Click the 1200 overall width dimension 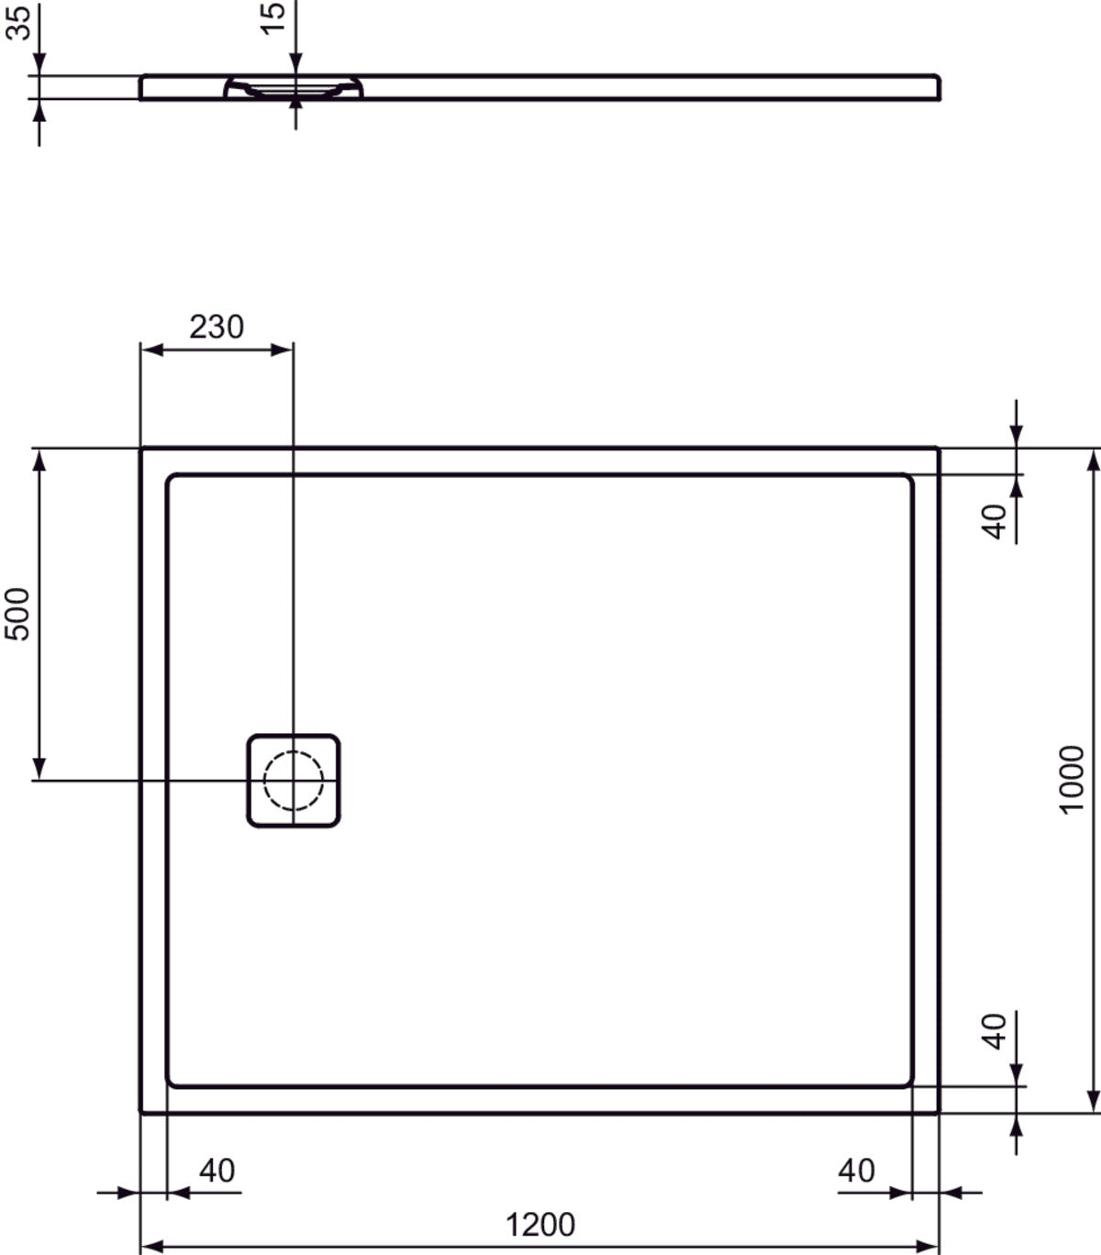click(x=540, y=1224)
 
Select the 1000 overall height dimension click(x=1071, y=779)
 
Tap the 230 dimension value click(x=217, y=327)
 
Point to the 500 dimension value click(x=18, y=614)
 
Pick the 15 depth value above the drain click(x=274, y=17)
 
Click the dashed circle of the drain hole click(x=294, y=781)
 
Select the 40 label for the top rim click(x=995, y=521)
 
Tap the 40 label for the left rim click(x=217, y=1171)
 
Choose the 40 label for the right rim click(x=856, y=1171)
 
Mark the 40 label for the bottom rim click(x=995, y=1030)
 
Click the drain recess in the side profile click(x=294, y=88)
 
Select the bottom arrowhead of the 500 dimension click(x=39, y=770)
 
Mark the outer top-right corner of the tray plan click(x=938, y=449)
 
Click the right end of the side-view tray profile click(x=938, y=87)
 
